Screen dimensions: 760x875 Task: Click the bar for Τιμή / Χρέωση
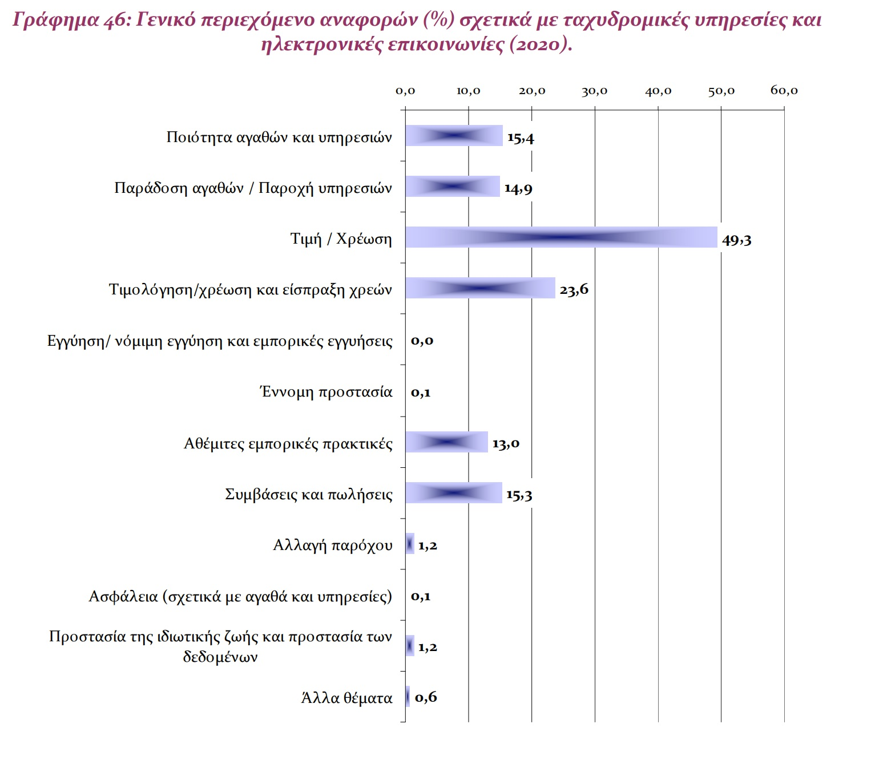tap(561, 237)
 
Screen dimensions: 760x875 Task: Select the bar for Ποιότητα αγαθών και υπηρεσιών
tap(454, 136)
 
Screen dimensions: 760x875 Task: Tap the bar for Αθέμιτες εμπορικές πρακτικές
tap(447, 442)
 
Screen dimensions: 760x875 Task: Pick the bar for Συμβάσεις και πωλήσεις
tap(454, 493)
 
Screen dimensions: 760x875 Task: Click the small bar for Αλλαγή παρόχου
tap(410, 544)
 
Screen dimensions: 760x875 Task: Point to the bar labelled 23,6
tap(480, 288)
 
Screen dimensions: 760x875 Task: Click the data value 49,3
tap(736, 240)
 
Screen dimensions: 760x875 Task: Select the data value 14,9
tap(518, 188)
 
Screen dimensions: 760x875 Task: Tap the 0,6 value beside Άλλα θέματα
tap(426, 697)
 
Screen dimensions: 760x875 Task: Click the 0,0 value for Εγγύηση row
tap(422, 341)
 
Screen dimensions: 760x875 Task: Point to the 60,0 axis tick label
tap(784, 91)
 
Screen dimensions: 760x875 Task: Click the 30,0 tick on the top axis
tap(594, 91)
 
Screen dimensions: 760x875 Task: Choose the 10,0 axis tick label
tap(468, 91)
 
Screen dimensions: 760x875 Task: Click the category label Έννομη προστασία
tap(326, 392)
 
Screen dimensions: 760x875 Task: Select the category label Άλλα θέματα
tap(346, 698)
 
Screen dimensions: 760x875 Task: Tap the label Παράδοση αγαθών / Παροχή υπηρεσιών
tap(253, 188)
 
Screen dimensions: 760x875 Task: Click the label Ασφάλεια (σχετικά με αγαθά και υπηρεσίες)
tap(240, 596)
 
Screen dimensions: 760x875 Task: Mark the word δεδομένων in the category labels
tap(220, 657)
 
